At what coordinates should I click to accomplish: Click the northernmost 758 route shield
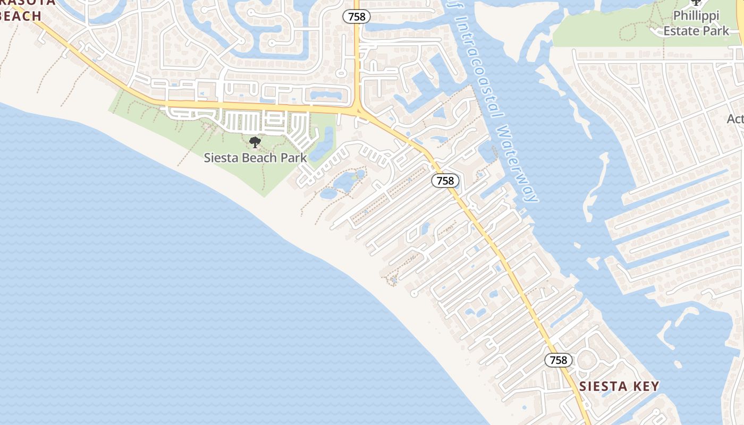point(357,16)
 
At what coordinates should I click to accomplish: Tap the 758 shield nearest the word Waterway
point(445,181)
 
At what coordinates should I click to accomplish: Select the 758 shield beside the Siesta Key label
point(559,360)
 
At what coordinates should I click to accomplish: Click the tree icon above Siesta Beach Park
point(255,142)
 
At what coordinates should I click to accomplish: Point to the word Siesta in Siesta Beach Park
point(221,158)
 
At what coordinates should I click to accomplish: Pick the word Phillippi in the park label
point(696,16)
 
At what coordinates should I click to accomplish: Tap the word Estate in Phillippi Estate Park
point(682,31)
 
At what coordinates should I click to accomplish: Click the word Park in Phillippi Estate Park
point(716,31)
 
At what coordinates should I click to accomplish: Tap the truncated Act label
point(735,119)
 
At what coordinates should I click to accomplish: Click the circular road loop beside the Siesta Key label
point(588,361)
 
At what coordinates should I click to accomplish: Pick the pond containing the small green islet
point(348,181)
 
